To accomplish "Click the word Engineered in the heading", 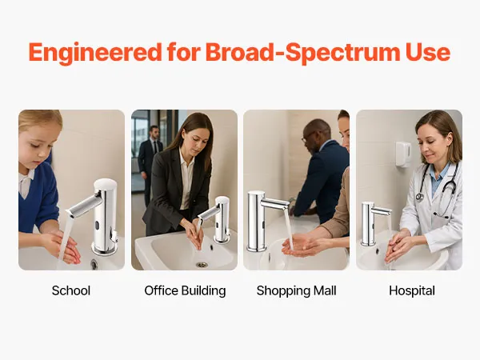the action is click(95, 53).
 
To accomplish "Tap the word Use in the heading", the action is click(428, 52).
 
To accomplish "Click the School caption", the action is click(71, 290).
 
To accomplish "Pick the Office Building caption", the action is click(185, 291).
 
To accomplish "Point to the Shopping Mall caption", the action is click(296, 291).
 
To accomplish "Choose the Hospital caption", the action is click(412, 291).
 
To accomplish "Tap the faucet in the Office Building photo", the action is click(218, 219).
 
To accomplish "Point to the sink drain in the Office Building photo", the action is click(202, 265).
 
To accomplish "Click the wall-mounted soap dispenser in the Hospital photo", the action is click(403, 154).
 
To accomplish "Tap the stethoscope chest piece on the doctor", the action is click(419, 197).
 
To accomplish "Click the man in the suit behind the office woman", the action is click(150, 163).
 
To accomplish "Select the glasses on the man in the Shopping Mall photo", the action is click(307, 137).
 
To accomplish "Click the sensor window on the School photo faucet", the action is click(97, 226).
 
